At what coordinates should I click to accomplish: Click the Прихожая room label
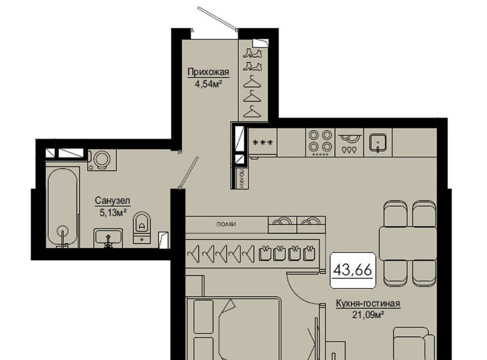point(208,73)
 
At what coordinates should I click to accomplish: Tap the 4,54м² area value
point(208,84)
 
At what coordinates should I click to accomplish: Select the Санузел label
point(113,201)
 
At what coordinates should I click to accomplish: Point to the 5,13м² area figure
point(113,212)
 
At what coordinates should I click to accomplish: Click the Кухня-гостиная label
point(368,304)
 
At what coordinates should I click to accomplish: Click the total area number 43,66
point(353,270)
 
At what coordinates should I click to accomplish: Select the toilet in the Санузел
point(142,228)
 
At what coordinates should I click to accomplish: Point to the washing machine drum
point(102,160)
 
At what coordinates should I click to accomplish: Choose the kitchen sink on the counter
point(377,142)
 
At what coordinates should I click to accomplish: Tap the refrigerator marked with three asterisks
point(263,142)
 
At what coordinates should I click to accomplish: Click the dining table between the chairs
point(408,243)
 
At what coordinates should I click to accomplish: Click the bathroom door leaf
point(188,172)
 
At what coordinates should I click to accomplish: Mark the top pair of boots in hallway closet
point(252,53)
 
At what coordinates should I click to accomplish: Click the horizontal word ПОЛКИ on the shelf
point(226,224)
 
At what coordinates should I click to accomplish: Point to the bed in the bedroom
point(233,329)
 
